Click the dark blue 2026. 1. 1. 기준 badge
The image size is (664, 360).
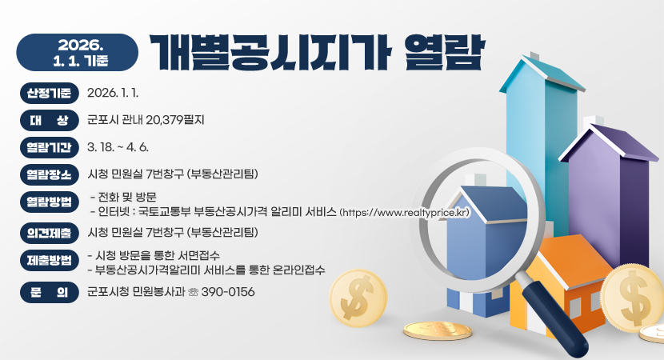pyautogui.click(x=77, y=50)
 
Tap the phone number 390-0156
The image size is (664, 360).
pyautogui.click(x=229, y=293)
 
